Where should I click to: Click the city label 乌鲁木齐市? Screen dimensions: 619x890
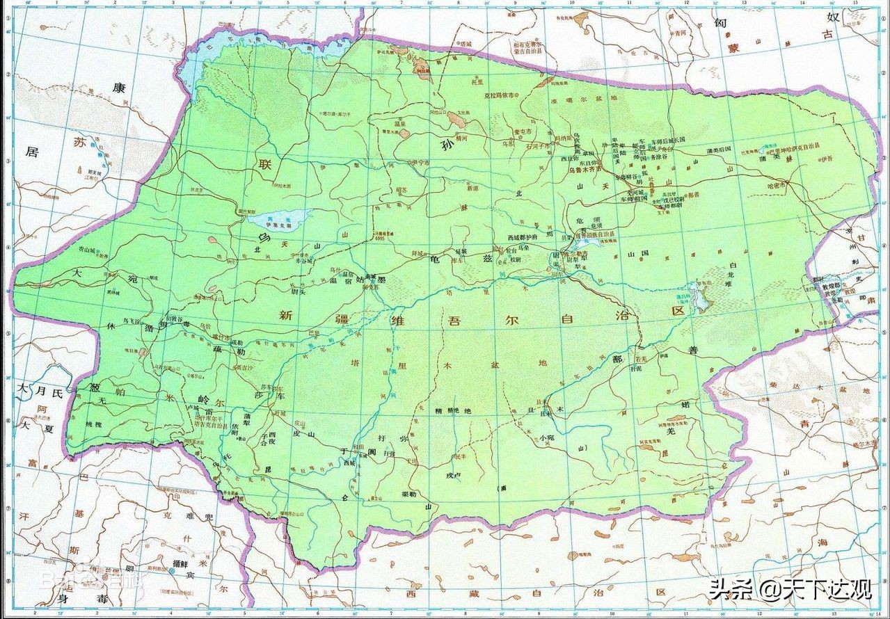tap(591, 169)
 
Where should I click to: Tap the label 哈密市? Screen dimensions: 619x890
tap(775, 186)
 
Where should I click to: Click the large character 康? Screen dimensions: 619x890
tap(119, 88)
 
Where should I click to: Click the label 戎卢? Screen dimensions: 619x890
tap(454, 474)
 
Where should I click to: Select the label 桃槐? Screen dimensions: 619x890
tap(93, 424)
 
